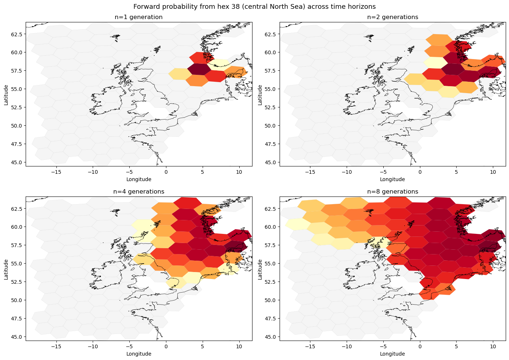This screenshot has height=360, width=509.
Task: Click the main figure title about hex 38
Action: click(254, 7)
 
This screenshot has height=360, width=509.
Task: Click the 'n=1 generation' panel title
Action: click(139, 17)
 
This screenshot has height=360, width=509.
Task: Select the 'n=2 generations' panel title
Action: click(392, 17)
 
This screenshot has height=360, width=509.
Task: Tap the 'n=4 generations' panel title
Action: click(139, 192)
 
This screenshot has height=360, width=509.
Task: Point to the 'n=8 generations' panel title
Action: click(392, 192)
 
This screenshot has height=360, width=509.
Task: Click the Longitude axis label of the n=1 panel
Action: click(139, 179)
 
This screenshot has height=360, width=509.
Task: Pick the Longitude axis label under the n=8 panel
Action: click(392, 354)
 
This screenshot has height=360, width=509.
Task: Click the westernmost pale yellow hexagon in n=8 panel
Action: click(295, 224)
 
